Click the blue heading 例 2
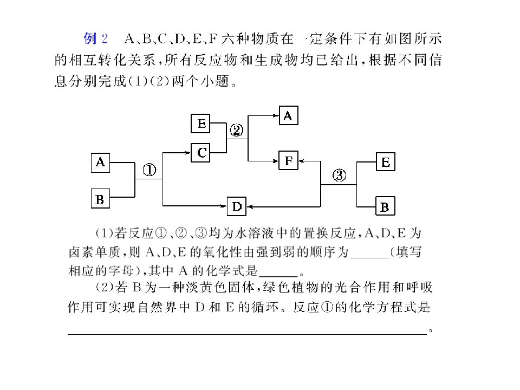tap(95, 38)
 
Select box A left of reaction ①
tap(101, 162)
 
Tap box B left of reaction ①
tap(101, 198)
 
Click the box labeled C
tap(200, 153)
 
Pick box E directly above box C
tap(200, 123)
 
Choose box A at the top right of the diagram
tap(289, 115)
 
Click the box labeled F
tap(289, 160)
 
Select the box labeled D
tap(237, 206)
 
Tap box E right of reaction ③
tap(385, 162)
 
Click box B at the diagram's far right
tap(385, 206)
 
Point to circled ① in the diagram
tap(149, 170)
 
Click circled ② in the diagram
tap(237, 131)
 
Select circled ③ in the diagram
tap(339, 175)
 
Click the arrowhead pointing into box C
tap(188, 153)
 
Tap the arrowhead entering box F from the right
tap(302, 161)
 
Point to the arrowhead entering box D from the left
tap(224, 206)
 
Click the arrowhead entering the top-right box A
tap(276, 115)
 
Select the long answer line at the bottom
tap(247, 334)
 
